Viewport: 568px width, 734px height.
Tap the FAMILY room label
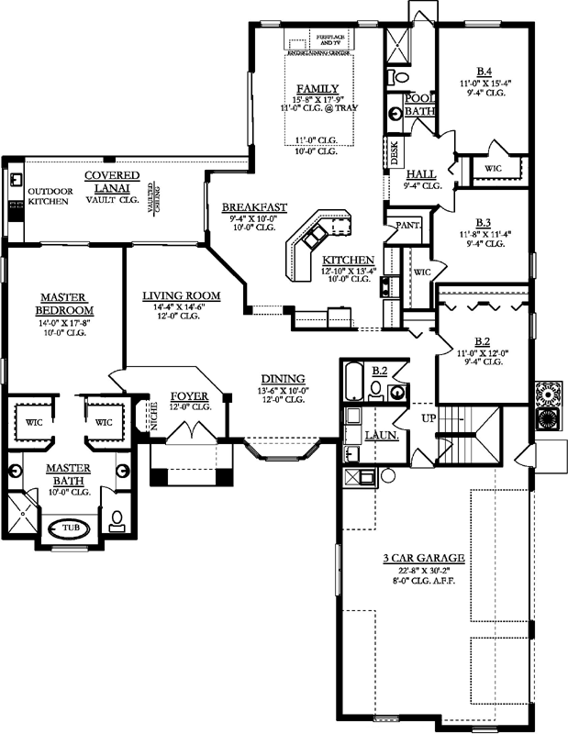(x=311, y=88)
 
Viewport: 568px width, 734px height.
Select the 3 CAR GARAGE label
(x=422, y=558)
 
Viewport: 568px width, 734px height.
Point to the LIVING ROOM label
(x=180, y=295)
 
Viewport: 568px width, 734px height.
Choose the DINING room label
(x=283, y=378)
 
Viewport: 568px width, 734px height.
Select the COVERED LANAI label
(x=112, y=181)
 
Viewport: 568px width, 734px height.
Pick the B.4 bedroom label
(x=484, y=71)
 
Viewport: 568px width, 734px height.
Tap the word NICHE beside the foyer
(x=139, y=417)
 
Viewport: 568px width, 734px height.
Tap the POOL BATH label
(x=419, y=103)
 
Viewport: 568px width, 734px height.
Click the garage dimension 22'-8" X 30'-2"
(x=422, y=570)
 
